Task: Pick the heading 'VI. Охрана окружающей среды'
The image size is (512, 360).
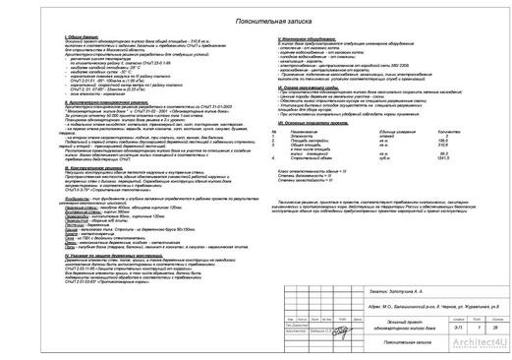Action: pyautogui.click(x=313, y=87)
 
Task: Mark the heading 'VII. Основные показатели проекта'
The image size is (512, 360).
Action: pyautogui.click(x=313, y=119)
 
